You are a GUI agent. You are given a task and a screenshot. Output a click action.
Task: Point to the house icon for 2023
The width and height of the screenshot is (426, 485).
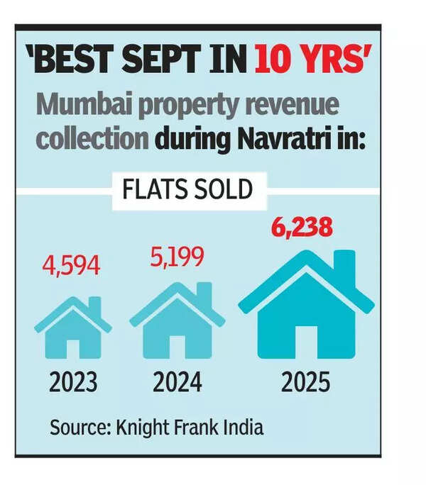[72, 328]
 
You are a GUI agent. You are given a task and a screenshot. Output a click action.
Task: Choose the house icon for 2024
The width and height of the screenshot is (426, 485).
[177, 320]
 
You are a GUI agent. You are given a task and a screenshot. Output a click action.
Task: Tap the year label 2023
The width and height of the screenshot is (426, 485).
[72, 383]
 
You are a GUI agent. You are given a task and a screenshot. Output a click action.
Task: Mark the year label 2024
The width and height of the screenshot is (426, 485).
[177, 383]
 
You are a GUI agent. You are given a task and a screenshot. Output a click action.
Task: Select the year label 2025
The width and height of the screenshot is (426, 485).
[305, 383]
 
